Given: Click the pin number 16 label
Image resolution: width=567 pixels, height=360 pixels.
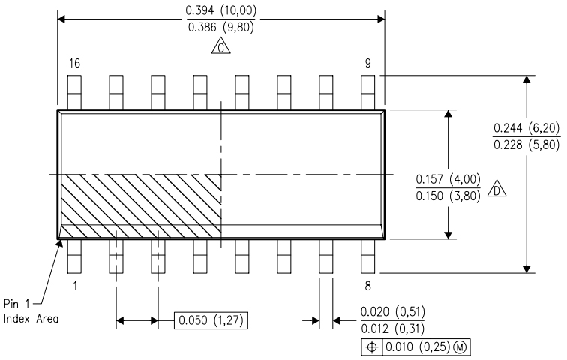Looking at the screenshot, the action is click(x=74, y=64).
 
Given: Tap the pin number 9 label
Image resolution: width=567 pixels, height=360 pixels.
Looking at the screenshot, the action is click(x=367, y=64).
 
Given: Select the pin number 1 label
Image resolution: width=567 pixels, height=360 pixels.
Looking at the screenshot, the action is click(x=75, y=286).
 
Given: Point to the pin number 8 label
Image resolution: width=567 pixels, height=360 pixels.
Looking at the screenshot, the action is click(x=367, y=286).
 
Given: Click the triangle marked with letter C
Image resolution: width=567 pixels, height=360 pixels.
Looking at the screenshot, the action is click(x=221, y=47).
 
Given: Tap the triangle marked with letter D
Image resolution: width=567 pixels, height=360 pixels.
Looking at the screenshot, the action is click(x=496, y=189).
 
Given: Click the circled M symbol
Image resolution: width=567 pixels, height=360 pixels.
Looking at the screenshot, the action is click(x=460, y=347).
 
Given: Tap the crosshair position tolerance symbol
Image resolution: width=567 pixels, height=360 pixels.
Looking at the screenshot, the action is click(x=372, y=347).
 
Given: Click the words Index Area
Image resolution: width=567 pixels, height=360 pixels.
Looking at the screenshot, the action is click(x=31, y=319).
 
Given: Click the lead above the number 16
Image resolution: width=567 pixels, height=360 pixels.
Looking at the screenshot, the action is click(x=74, y=92).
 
